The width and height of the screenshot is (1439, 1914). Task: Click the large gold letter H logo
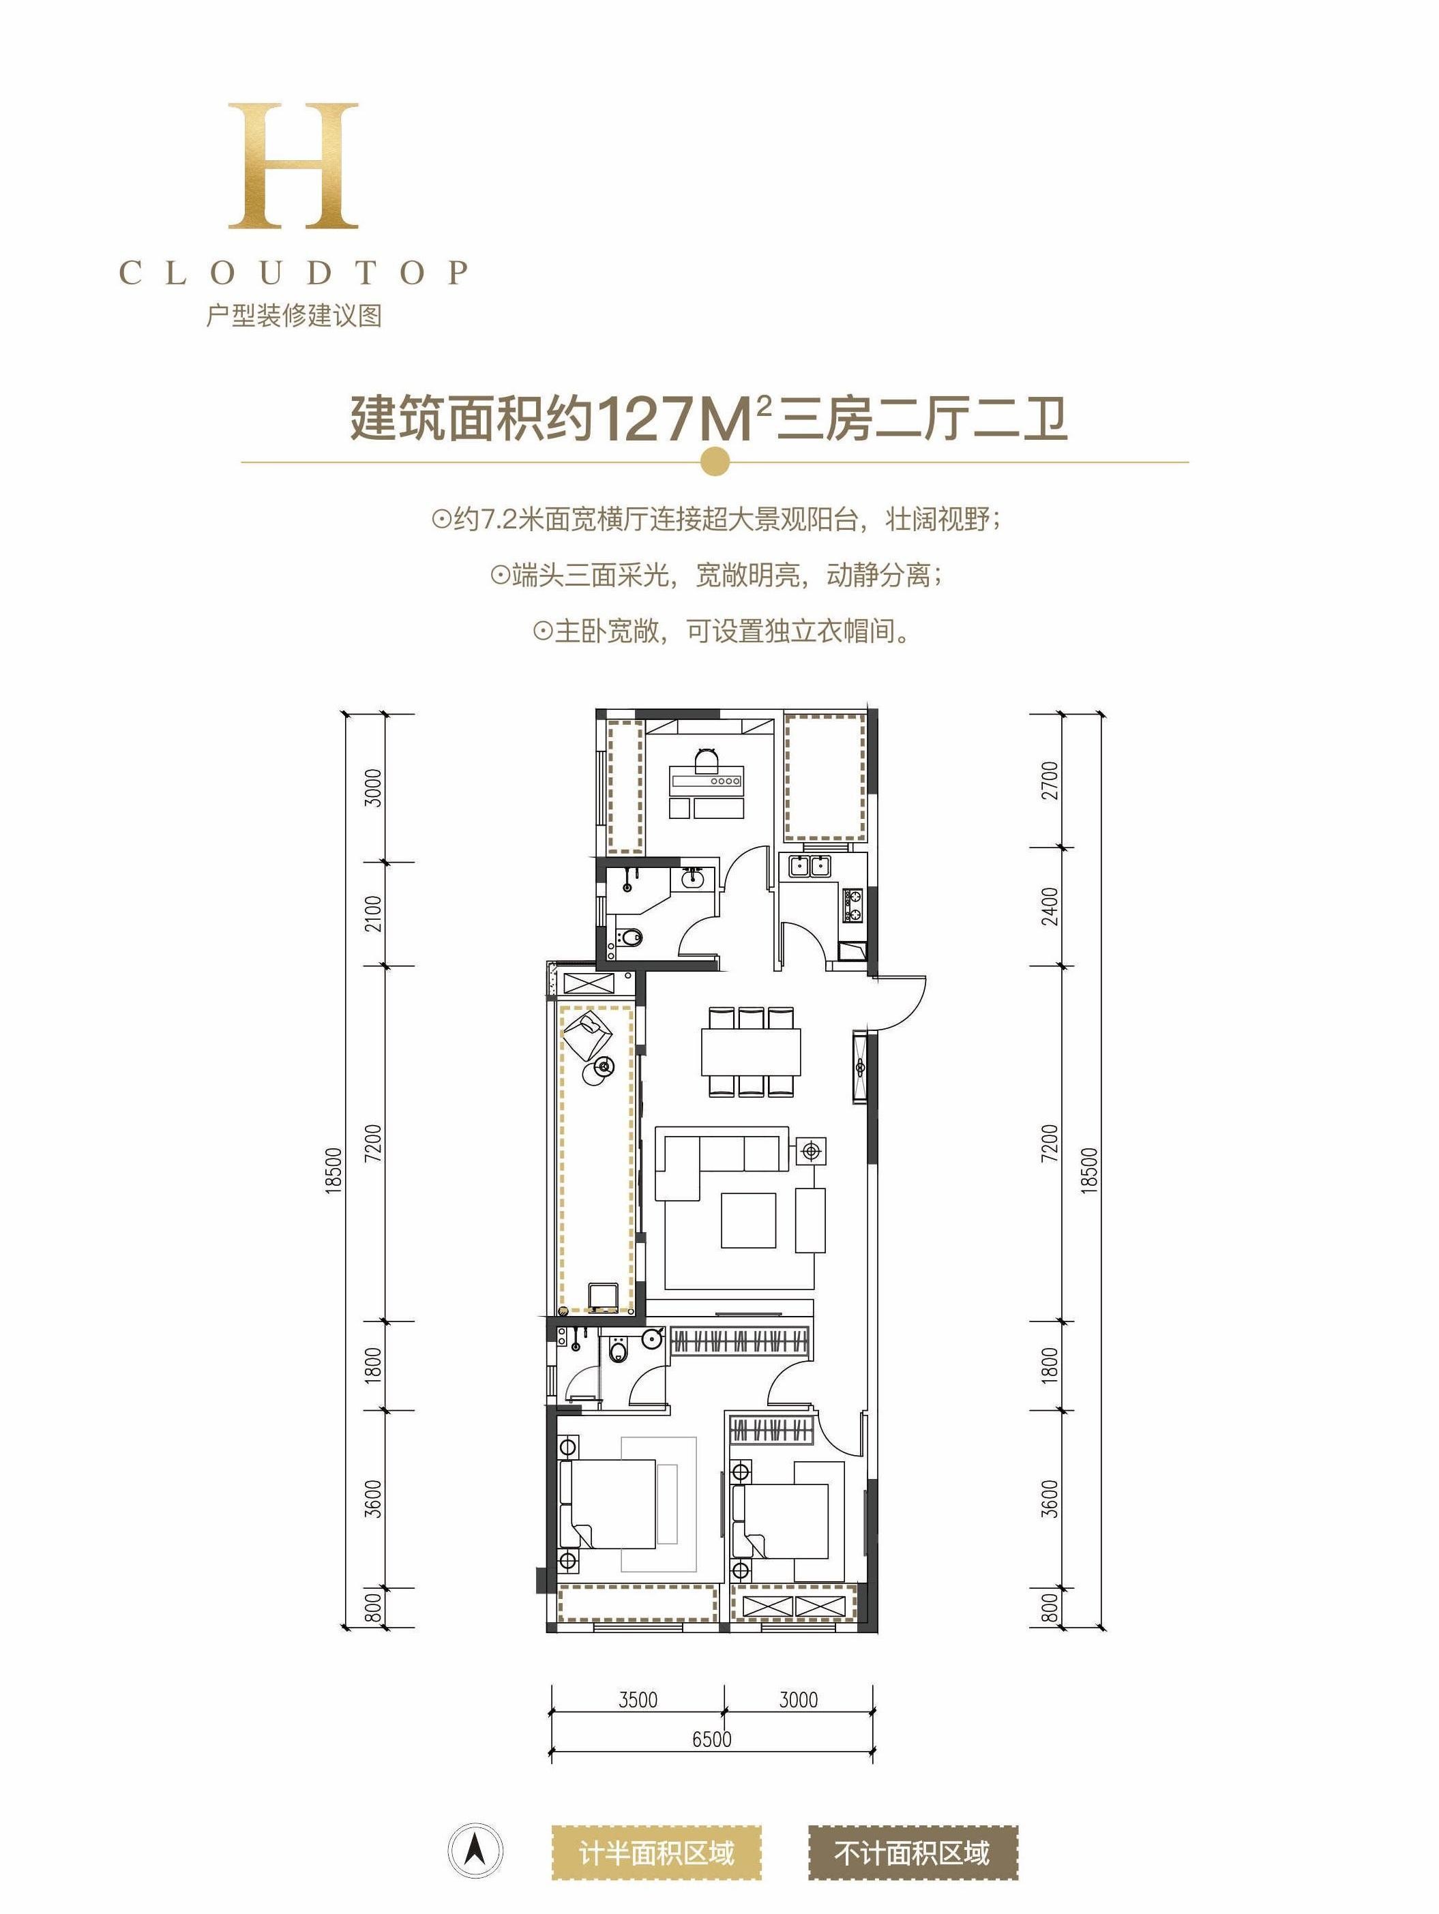click(x=293, y=166)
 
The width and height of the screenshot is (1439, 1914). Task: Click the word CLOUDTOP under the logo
click(x=294, y=273)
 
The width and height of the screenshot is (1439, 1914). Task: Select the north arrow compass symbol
click(x=475, y=1851)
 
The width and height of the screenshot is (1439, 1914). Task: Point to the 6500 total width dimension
click(x=711, y=1738)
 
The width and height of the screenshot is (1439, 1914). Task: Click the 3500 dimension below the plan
click(x=638, y=1699)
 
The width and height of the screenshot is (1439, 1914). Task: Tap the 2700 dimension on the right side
click(x=1050, y=781)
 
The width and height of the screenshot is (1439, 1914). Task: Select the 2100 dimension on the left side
click(x=372, y=914)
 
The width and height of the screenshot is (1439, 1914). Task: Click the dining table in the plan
click(x=750, y=1051)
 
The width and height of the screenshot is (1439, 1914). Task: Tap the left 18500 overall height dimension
click(x=334, y=1171)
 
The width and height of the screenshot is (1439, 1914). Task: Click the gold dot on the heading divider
click(x=714, y=461)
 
